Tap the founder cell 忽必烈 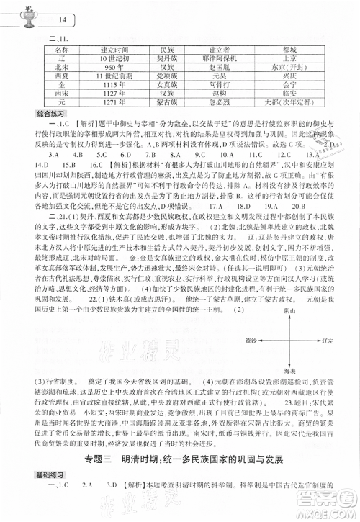pos(226,113)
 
